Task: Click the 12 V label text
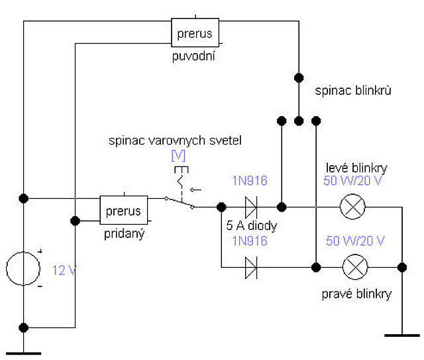pyautogui.click(x=64, y=270)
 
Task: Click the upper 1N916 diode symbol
pyautogui.click(x=251, y=207)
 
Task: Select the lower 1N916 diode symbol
pyautogui.click(x=251, y=268)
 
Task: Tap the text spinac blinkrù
pyautogui.click(x=353, y=90)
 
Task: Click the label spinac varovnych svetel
pyautogui.click(x=175, y=141)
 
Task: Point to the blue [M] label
pyautogui.click(x=178, y=155)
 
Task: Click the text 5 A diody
pyautogui.click(x=252, y=225)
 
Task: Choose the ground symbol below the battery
pyautogui.click(x=24, y=353)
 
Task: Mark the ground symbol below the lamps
pyautogui.click(x=402, y=335)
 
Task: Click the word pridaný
pyautogui.click(x=125, y=234)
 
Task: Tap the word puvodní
pyautogui.click(x=193, y=56)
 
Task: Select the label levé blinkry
pyautogui.click(x=356, y=168)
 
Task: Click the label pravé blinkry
pyautogui.click(x=356, y=294)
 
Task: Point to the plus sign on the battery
pyautogui.click(x=40, y=252)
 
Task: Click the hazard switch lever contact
pyautogui.click(x=180, y=202)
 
